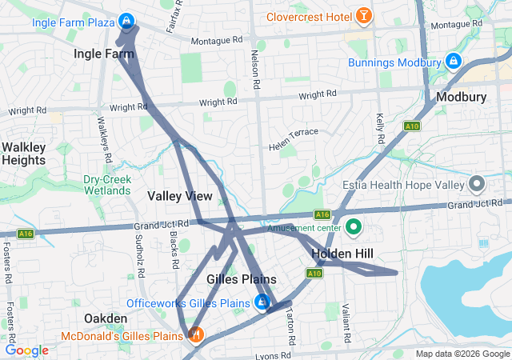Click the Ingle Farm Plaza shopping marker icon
[x=126, y=21]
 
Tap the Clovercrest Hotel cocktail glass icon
[x=363, y=15]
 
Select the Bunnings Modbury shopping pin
[x=453, y=62]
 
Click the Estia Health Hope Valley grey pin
[x=477, y=185]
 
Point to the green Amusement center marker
[x=353, y=228]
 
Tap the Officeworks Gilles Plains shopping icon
[x=261, y=303]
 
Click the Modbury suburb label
[x=462, y=98]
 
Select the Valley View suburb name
[x=180, y=196]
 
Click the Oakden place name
[x=106, y=318]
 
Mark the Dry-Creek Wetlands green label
[x=106, y=185]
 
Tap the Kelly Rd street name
[x=380, y=124]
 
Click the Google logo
[x=26, y=350]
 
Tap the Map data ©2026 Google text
[x=462, y=354]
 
